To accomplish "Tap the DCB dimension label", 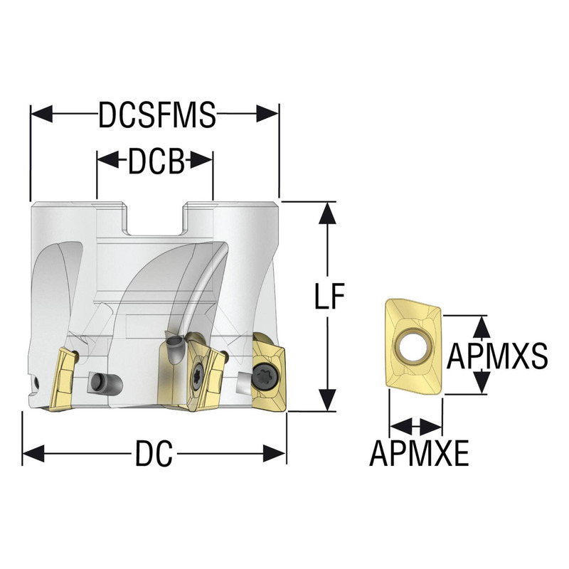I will [x=156, y=162].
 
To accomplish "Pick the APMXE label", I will [x=420, y=454].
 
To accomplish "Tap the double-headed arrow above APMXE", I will [x=415, y=427].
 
